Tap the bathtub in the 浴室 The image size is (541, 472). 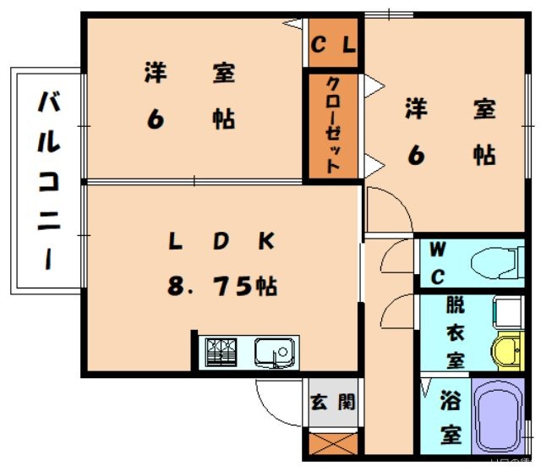[x=498, y=416]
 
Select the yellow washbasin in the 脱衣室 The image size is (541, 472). [x=508, y=351]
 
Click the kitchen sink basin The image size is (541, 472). [x=275, y=352]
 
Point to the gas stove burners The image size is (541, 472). [x=221, y=352]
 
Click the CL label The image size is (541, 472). [x=333, y=45]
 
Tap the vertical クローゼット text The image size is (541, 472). [x=333, y=125]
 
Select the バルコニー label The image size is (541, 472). [x=49, y=179]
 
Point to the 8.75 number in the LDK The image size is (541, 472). [x=210, y=286]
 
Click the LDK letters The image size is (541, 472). [x=221, y=241]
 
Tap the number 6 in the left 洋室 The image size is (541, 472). [x=156, y=119]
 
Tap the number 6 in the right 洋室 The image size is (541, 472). [x=416, y=156]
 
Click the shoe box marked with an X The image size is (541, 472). [x=333, y=444]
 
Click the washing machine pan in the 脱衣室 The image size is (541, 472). [x=509, y=312]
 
